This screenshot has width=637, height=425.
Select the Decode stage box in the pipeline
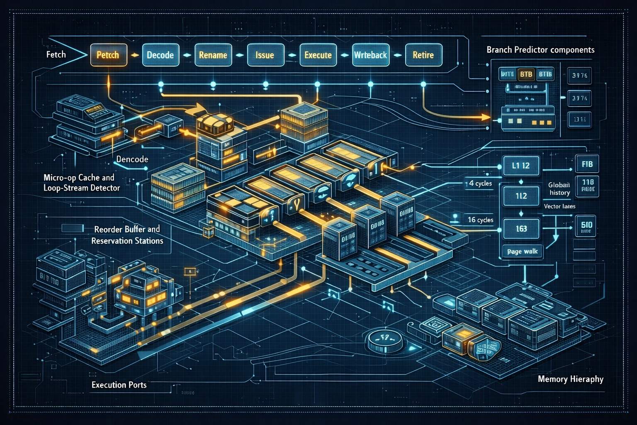[x=160, y=55]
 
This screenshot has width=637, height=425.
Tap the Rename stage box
[x=213, y=55]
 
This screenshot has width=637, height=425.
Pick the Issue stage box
[x=265, y=55]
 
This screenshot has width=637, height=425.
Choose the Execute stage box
[x=318, y=55]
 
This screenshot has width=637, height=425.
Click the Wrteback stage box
[x=370, y=55]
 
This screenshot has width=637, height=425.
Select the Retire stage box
[x=423, y=55]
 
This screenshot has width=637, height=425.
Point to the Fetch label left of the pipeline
[x=56, y=54]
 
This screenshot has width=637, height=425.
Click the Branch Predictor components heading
[x=540, y=50]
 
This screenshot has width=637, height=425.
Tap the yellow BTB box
[x=526, y=74]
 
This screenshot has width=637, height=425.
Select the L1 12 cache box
[x=521, y=166]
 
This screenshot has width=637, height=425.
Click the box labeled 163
[x=521, y=229]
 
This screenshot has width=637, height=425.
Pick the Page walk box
[x=522, y=252]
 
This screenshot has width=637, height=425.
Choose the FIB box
[x=587, y=164]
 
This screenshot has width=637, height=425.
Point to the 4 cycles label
[x=480, y=183]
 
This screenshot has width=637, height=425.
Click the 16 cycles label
[x=480, y=220]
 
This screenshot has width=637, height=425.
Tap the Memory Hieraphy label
[x=570, y=379]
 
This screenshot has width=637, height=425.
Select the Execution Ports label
[x=119, y=385]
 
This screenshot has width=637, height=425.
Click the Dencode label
[x=132, y=159]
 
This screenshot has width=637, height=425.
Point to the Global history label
[x=559, y=189]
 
